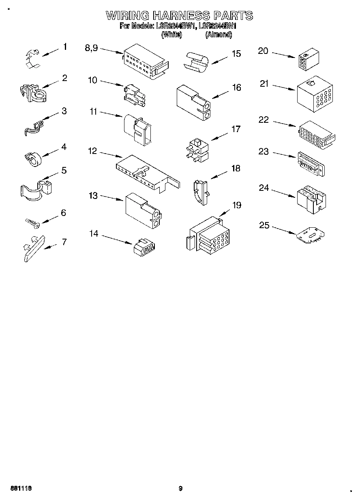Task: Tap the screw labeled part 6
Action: tap(32, 222)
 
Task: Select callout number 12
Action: tap(92, 151)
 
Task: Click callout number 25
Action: tap(264, 225)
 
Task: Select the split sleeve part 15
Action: tap(197, 62)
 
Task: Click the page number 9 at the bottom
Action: tap(181, 489)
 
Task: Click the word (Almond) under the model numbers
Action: tap(219, 35)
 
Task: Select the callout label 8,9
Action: tap(91, 48)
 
